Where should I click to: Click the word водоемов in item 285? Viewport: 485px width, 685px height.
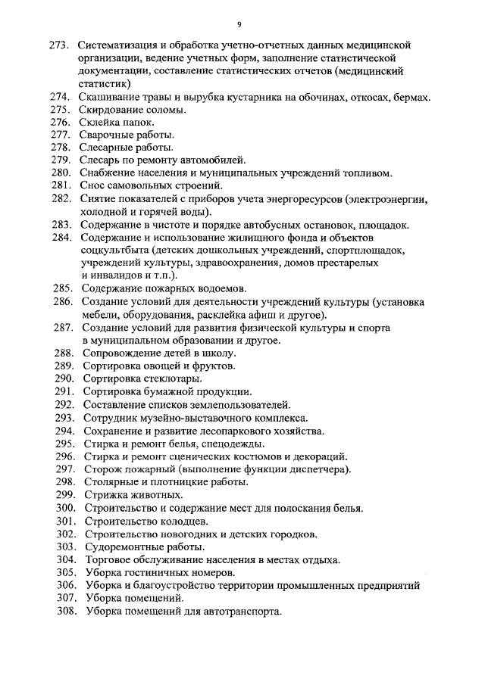click(224, 288)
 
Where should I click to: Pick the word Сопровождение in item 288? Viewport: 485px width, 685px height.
click(120, 353)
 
